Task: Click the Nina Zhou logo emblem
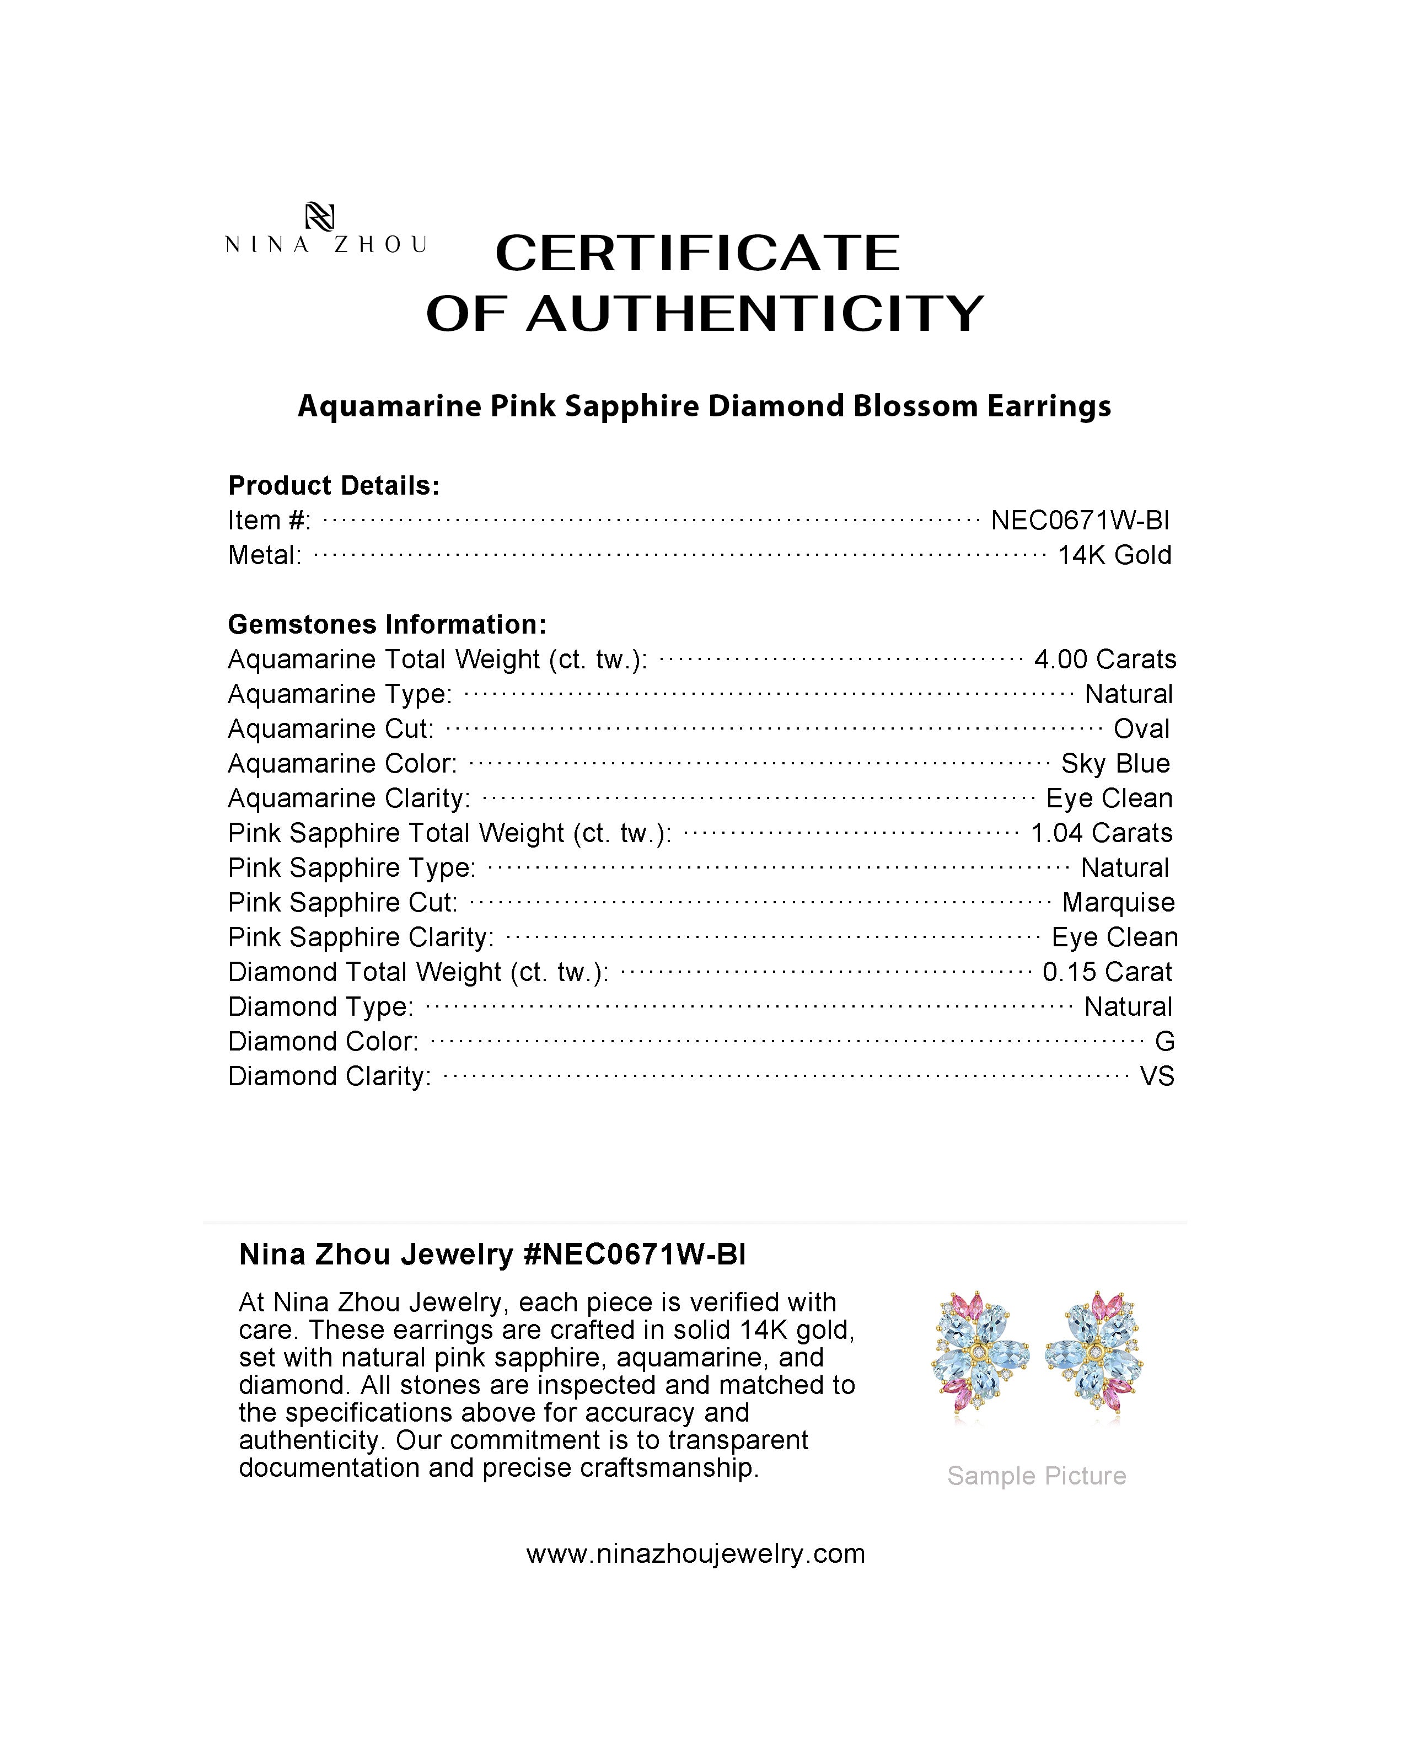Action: tap(319, 216)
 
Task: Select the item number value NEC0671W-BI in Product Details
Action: tap(1080, 520)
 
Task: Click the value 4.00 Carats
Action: tap(1104, 659)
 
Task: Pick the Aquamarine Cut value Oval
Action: tap(1141, 729)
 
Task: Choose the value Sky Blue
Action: tap(1115, 764)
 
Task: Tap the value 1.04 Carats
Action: tap(1101, 833)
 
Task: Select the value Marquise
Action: tap(1118, 903)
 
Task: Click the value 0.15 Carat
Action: tap(1107, 972)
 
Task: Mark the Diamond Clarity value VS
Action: tap(1157, 1077)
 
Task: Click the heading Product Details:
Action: tap(334, 486)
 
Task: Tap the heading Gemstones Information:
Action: tap(387, 625)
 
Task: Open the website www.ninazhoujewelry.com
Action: tap(695, 1554)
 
